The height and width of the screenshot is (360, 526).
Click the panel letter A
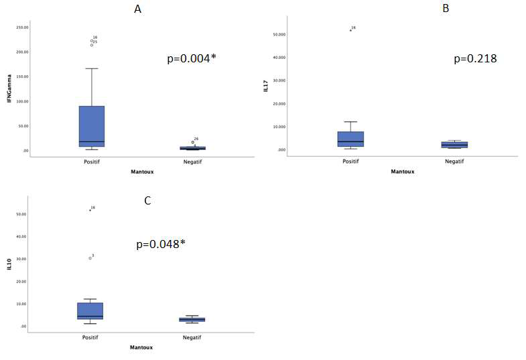[x=138, y=9]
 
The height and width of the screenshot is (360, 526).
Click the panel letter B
[x=427, y=9]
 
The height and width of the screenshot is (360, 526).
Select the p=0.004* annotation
[x=192, y=59]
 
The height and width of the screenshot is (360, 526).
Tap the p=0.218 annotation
[x=475, y=59]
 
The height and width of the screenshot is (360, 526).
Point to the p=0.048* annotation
[x=161, y=245]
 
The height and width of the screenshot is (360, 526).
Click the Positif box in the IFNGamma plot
[x=92, y=126]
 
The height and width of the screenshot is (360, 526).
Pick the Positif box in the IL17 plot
[x=350, y=139]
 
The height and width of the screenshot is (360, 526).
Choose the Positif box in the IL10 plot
[x=90, y=311]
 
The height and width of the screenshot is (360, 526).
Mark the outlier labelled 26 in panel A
[x=193, y=142]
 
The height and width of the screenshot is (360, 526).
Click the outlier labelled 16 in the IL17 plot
[x=350, y=30]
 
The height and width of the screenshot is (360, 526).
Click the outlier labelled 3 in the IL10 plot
[x=90, y=257]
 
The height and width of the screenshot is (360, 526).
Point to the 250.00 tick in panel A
[x=22, y=27]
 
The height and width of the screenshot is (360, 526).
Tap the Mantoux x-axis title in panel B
[x=402, y=171]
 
